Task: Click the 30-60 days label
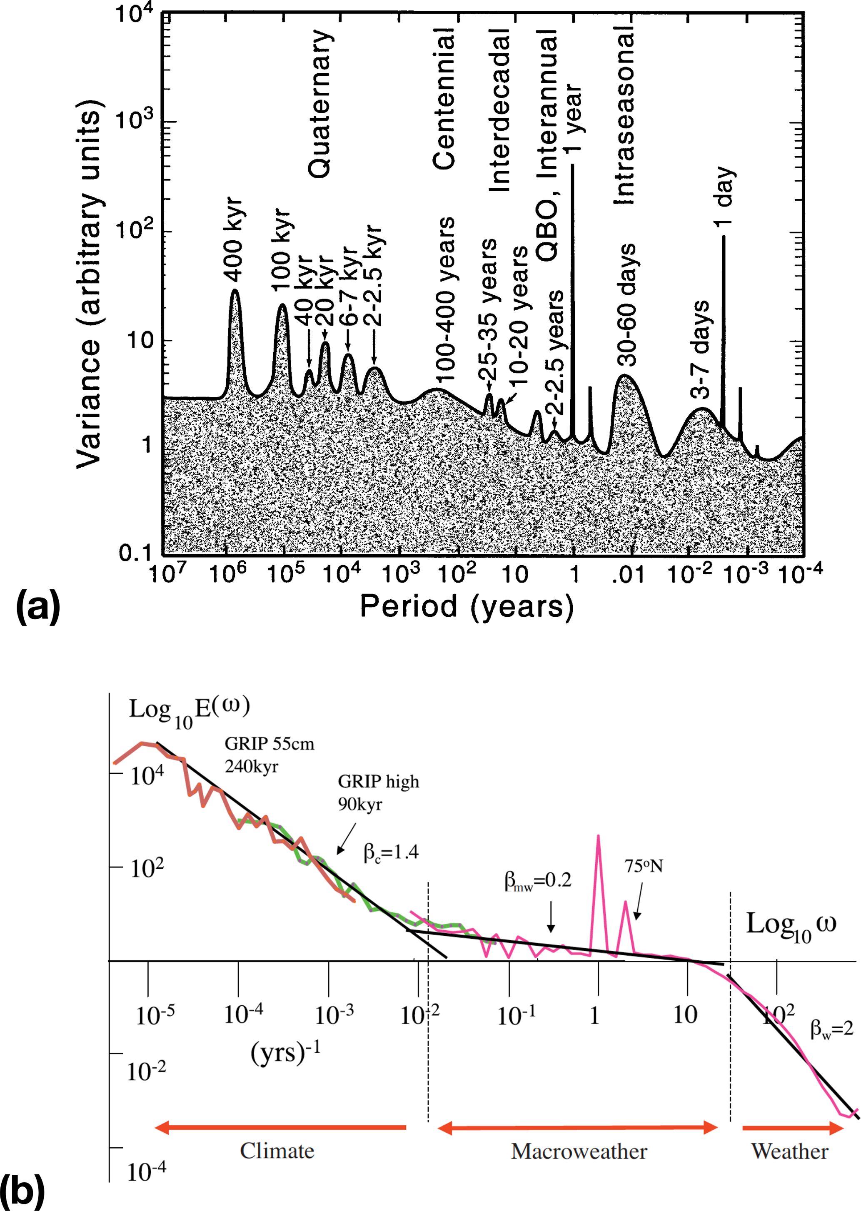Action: [627, 305]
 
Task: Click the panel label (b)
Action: [22, 1190]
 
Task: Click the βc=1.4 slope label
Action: [391, 852]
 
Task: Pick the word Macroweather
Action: [579, 1151]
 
